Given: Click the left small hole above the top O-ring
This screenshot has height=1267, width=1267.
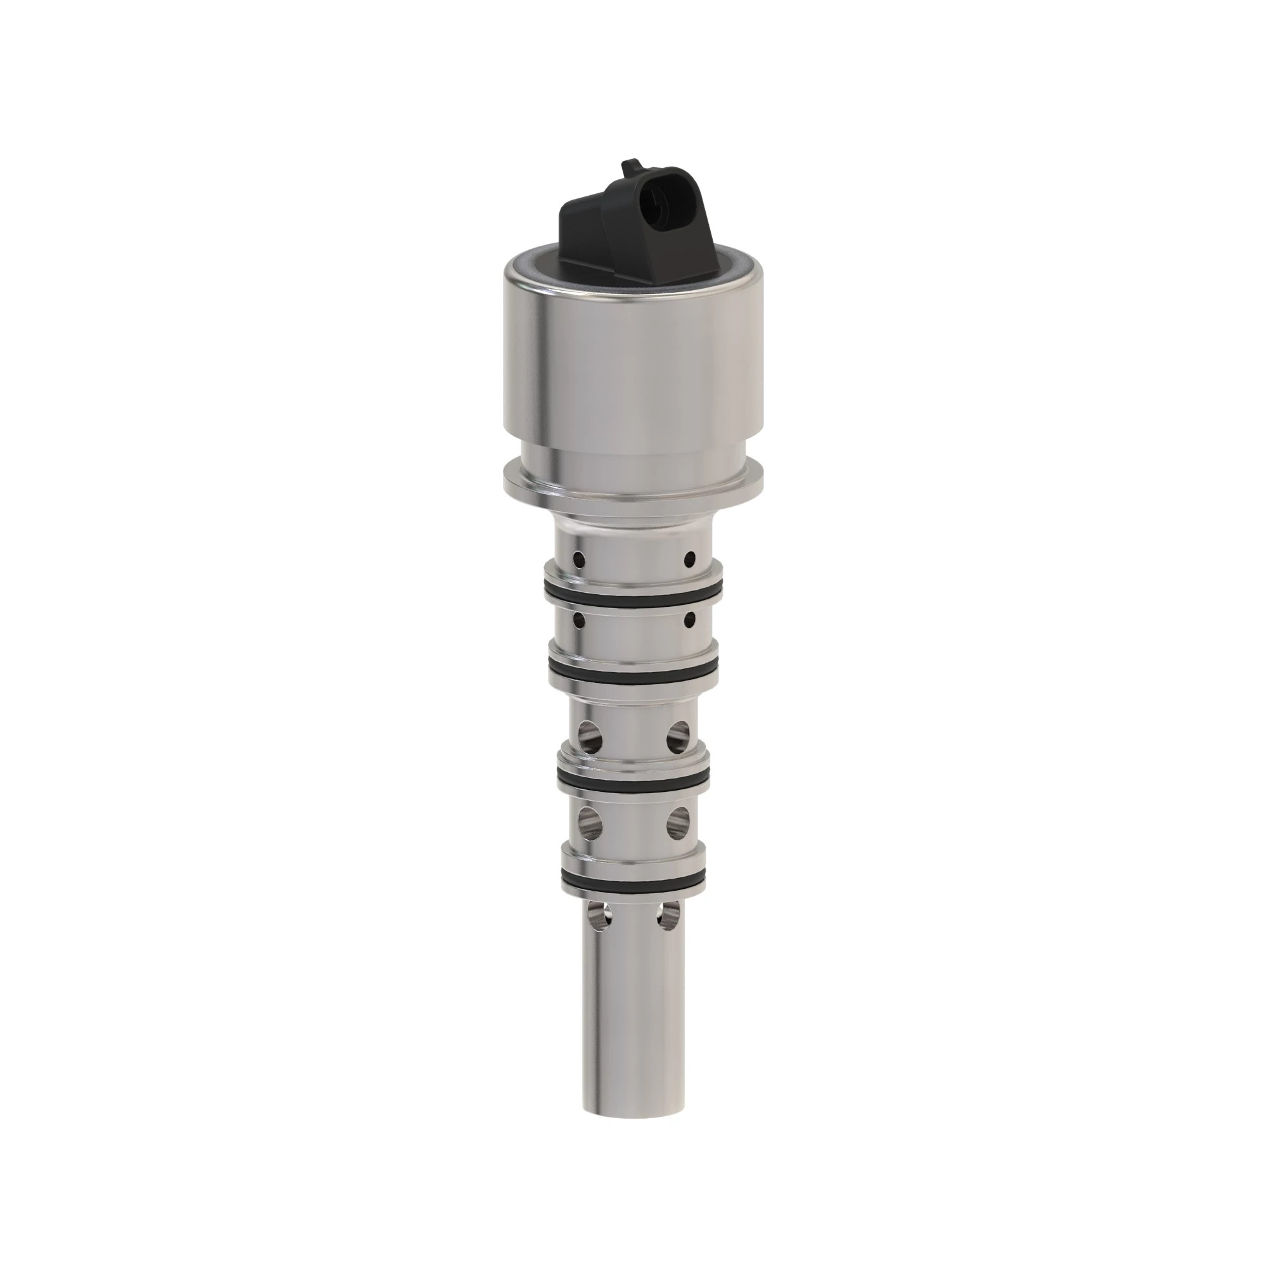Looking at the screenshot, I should point(578,559).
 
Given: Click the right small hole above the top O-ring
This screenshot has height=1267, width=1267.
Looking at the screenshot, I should point(689,559).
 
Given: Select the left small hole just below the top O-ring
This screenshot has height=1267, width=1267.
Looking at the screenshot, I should point(578,618).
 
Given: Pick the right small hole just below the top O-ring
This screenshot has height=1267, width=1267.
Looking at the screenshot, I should point(689,618).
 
